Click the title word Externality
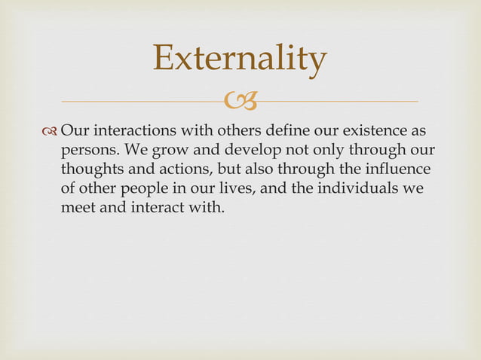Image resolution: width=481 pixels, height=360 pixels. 240,59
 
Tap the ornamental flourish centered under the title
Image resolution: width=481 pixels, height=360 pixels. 240,100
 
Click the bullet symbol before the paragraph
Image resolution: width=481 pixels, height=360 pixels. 51,133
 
